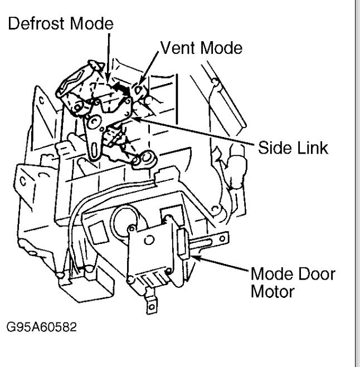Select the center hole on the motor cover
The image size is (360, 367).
(150, 240)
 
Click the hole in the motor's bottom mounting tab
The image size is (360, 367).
(149, 305)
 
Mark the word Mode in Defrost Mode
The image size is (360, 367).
(94, 24)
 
